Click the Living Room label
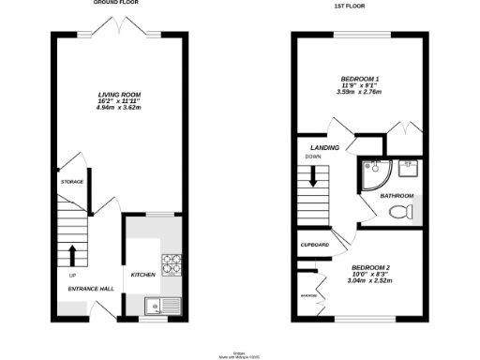119,95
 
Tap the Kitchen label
142,275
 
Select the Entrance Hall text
91,289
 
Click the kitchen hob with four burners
172,264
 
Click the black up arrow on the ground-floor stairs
72,254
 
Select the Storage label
72,181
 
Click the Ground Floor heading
118,4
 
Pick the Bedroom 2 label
368,265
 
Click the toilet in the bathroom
400,211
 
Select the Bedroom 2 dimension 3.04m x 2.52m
368,280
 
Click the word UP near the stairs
72,276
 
